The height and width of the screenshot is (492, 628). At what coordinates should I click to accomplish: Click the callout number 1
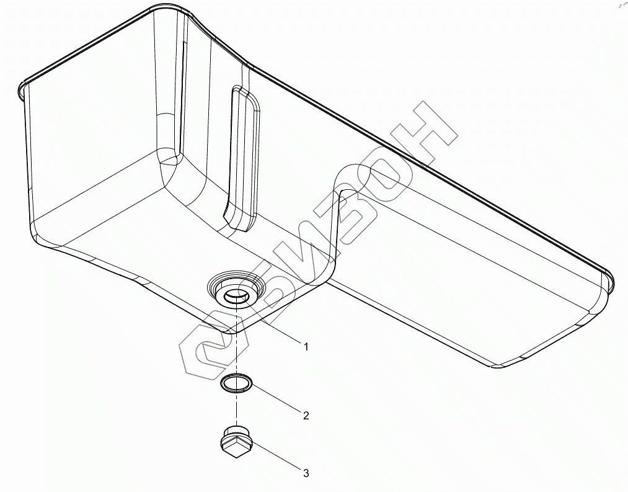point(306,347)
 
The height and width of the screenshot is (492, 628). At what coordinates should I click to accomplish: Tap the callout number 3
point(306,473)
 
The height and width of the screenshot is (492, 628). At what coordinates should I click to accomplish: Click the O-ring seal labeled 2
point(237,383)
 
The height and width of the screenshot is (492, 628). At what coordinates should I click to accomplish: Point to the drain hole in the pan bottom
point(237,296)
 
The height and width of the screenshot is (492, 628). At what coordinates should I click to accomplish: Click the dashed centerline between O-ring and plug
point(237,409)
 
